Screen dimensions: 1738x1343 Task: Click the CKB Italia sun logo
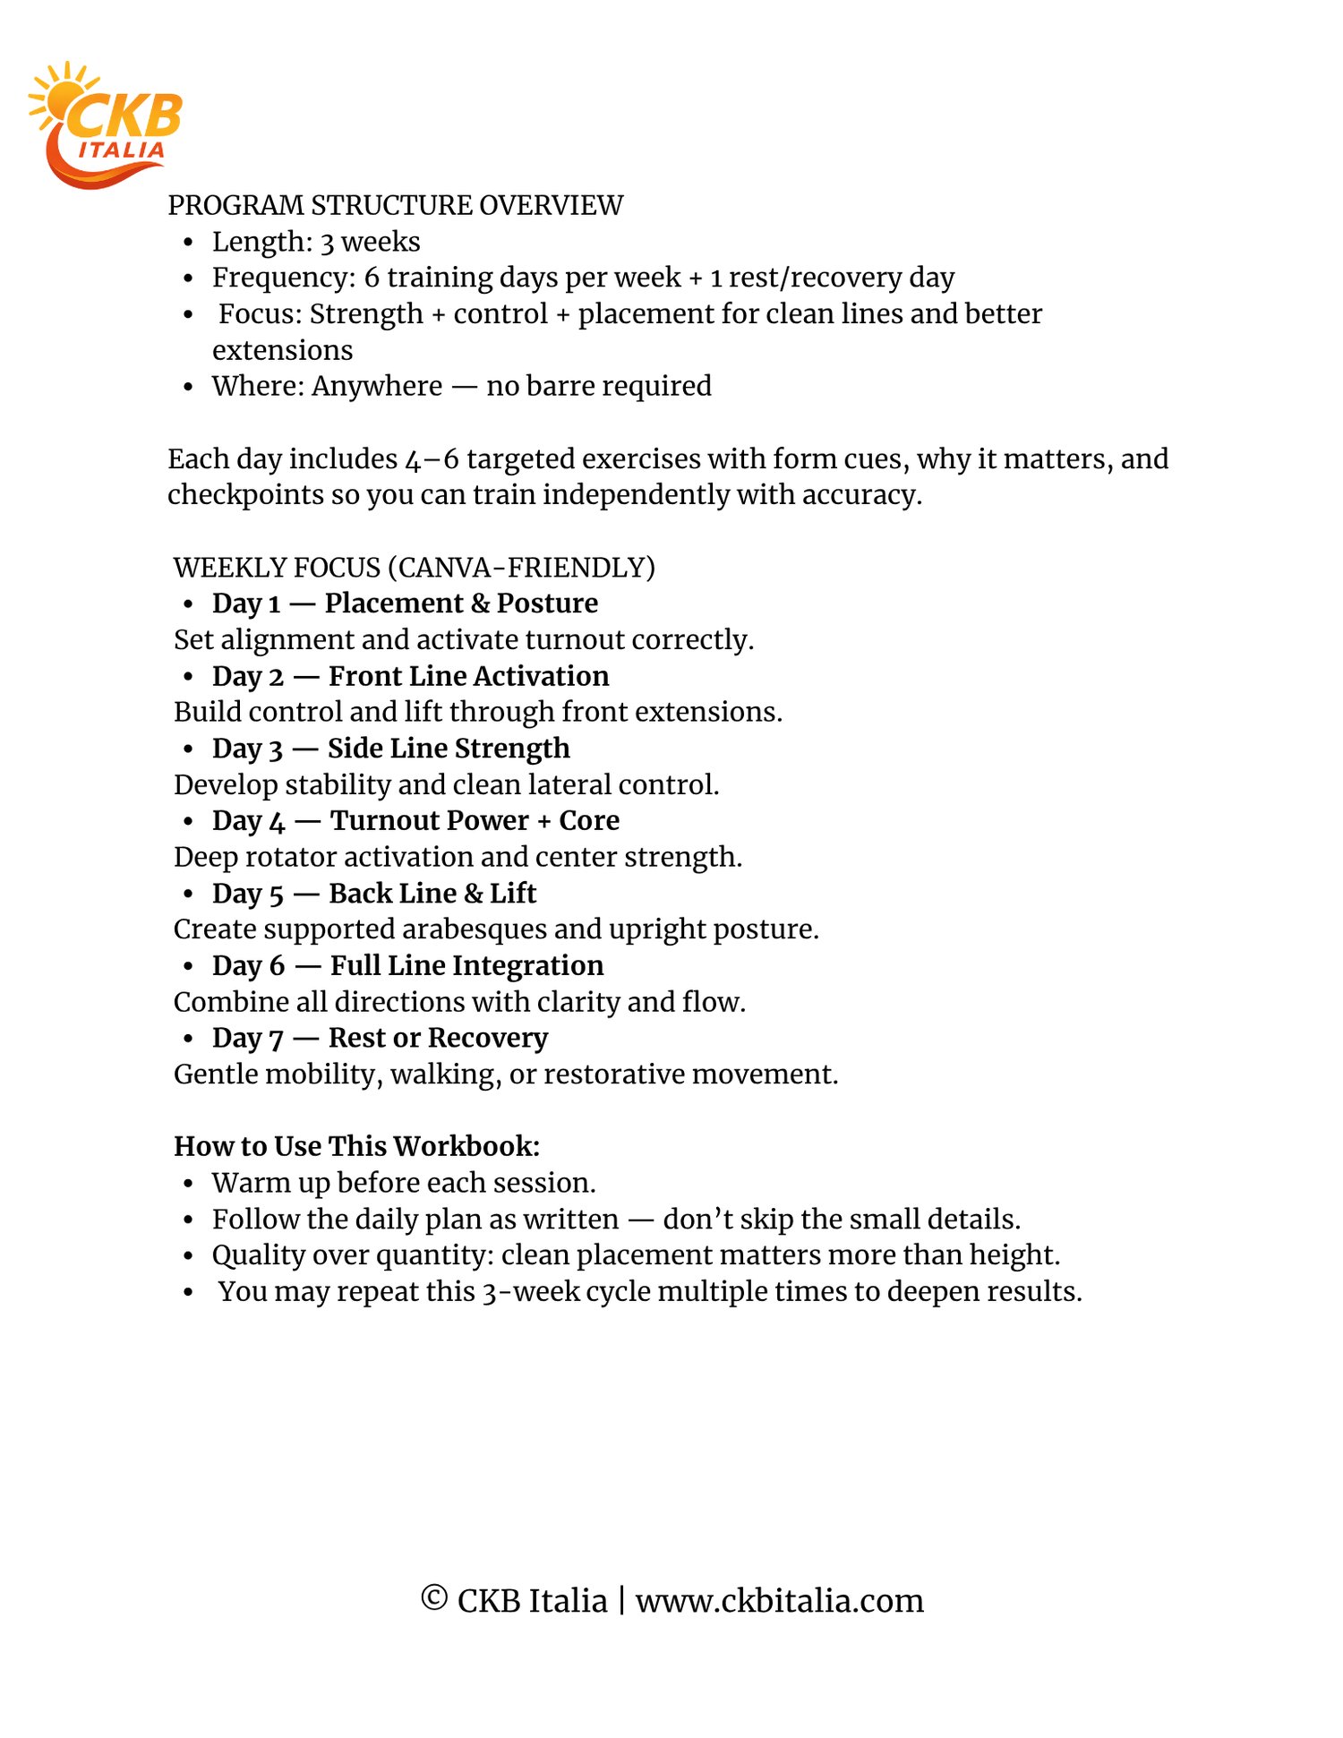(106, 124)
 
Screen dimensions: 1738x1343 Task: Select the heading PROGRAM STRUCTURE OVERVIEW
(395, 206)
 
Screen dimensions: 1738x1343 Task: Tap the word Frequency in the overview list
(283, 278)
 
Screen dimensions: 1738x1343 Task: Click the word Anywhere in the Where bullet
(377, 386)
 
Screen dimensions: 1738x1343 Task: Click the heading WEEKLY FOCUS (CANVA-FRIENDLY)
(415, 568)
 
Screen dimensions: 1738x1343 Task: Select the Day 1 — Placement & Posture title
(405, 604)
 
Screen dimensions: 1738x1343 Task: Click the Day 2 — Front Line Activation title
(410, 676)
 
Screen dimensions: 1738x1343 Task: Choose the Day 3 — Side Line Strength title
(390, 749)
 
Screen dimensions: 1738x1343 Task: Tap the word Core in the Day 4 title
(589, 821)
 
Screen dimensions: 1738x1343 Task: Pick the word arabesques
(475, 929)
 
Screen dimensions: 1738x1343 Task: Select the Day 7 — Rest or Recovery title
(380, 1038)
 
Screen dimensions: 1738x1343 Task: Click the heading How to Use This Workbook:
(356, 1147)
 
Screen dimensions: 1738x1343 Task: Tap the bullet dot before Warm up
(188, 1184)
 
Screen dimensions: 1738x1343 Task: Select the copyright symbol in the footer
(434, 1598)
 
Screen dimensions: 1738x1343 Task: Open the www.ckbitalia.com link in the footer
(779, 1601)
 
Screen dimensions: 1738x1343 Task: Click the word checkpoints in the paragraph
(245, 495)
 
